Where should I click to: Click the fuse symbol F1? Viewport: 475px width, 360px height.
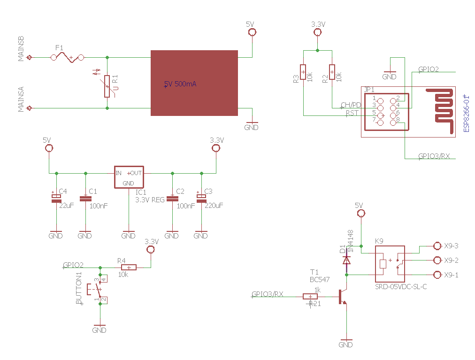pos(68,58)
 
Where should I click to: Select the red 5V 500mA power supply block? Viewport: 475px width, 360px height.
pos(194,83)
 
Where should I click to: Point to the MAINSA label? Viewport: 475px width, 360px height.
pos(21,100)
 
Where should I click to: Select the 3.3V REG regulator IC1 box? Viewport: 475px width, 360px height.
pos(129,177)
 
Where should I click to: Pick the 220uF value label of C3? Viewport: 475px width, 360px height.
pos(214,206)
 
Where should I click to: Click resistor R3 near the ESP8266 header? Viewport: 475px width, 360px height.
pos(303,72)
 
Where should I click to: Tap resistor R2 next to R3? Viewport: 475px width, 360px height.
pos(332,72)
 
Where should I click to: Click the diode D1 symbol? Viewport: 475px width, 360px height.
pos(346,260)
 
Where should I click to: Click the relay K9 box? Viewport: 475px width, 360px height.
pos(390,264)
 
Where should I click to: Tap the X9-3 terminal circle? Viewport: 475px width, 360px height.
pos(437,245)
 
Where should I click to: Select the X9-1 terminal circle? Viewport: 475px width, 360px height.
pos(437,275)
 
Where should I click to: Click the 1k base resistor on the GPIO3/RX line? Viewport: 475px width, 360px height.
pos(310,296)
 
